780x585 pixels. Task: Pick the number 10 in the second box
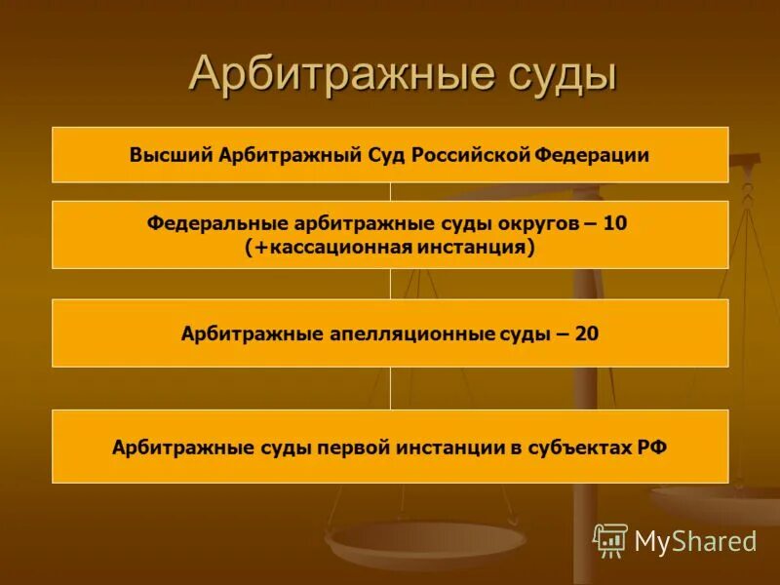click(x=615, y=223)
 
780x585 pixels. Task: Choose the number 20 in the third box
click(x=587, y=333)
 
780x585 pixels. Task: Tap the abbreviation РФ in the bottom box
click(x=652, y=448)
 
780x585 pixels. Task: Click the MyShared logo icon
click(x=610, y=540)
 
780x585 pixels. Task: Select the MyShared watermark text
click(x=695, y=541)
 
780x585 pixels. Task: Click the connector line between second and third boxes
click(x=390, y=284)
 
